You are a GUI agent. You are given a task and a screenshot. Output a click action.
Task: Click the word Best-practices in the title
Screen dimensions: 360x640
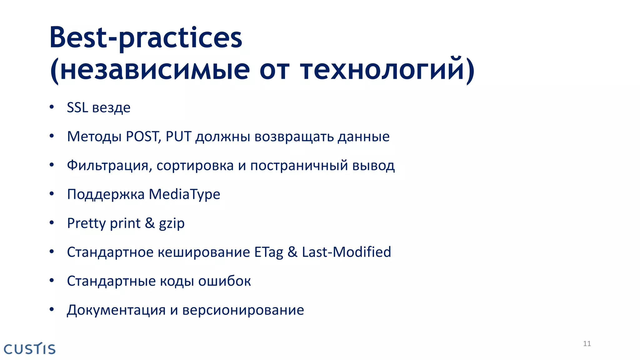(x=146, y=38)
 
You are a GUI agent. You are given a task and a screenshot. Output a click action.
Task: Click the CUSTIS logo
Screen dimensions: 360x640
(x=30, y=349)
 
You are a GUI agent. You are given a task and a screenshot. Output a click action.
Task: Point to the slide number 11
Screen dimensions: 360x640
(x=587, y=344)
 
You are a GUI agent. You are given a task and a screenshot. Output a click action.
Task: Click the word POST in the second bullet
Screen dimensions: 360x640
(x=143, y=137)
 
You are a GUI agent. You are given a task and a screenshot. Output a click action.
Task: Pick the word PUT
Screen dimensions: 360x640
(x=178, y=137)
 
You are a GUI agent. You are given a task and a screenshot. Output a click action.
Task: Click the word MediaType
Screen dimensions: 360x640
(x=184, y=194)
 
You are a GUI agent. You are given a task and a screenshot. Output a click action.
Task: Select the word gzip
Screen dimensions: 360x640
(x=172, y=224)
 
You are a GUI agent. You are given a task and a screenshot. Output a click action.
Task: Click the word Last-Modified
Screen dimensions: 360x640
(x=346, y=252)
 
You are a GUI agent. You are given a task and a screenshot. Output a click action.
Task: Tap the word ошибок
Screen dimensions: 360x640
(x=224, y=281)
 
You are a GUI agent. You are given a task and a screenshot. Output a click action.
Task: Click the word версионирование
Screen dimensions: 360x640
(x=243, y=310)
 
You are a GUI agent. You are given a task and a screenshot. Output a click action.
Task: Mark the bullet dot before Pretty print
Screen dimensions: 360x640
(x=52, y=223)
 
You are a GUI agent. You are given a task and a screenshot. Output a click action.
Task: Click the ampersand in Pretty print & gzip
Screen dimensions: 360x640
(x=150, y=223)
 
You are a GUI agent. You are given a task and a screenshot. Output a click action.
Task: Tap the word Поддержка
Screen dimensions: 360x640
(x=106, y=194)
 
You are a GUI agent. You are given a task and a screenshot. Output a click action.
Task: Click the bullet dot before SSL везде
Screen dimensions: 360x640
(x=52, y=107)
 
